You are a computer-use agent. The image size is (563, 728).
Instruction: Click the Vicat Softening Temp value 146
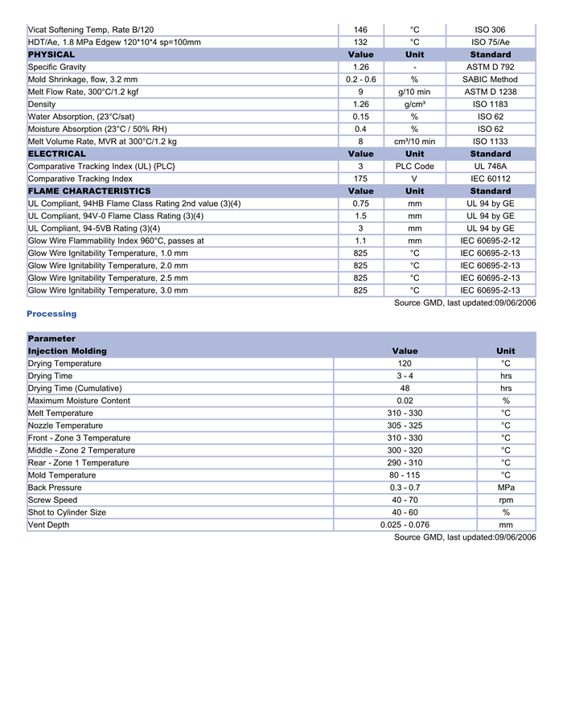click(360, 30)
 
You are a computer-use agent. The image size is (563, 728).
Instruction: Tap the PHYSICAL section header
click(51, 55)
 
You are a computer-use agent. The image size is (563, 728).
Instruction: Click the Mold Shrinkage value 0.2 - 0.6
click(360, 80)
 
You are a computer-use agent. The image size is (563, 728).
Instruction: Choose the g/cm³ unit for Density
click(414, 105)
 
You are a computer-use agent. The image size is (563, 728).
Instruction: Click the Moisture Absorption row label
click(97, 129)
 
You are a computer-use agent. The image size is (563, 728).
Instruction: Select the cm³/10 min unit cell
click(414, 142)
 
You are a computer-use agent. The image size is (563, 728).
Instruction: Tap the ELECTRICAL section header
click(57, 154)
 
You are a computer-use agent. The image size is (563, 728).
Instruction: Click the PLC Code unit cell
click(414, 167)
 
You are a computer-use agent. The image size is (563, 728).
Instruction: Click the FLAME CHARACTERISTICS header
click(89, 191)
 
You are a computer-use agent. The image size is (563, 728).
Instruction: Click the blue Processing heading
click(51, 314)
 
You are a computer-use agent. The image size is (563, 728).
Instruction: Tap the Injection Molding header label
click(68, 352)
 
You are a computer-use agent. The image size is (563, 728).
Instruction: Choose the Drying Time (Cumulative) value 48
click(405, 389)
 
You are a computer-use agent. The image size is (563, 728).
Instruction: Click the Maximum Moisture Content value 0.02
click(405, 401)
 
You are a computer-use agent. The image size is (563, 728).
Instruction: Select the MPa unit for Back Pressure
click(506, 487)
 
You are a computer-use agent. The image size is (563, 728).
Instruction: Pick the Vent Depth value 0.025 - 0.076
click(405, 524)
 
